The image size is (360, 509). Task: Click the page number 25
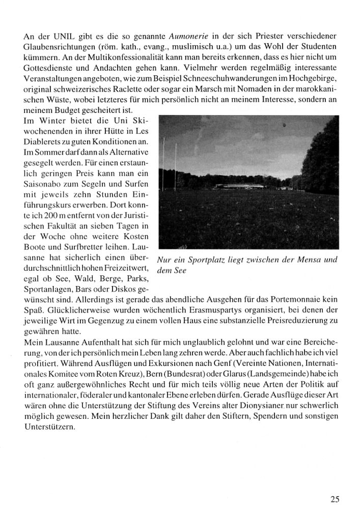click(335, 499)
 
